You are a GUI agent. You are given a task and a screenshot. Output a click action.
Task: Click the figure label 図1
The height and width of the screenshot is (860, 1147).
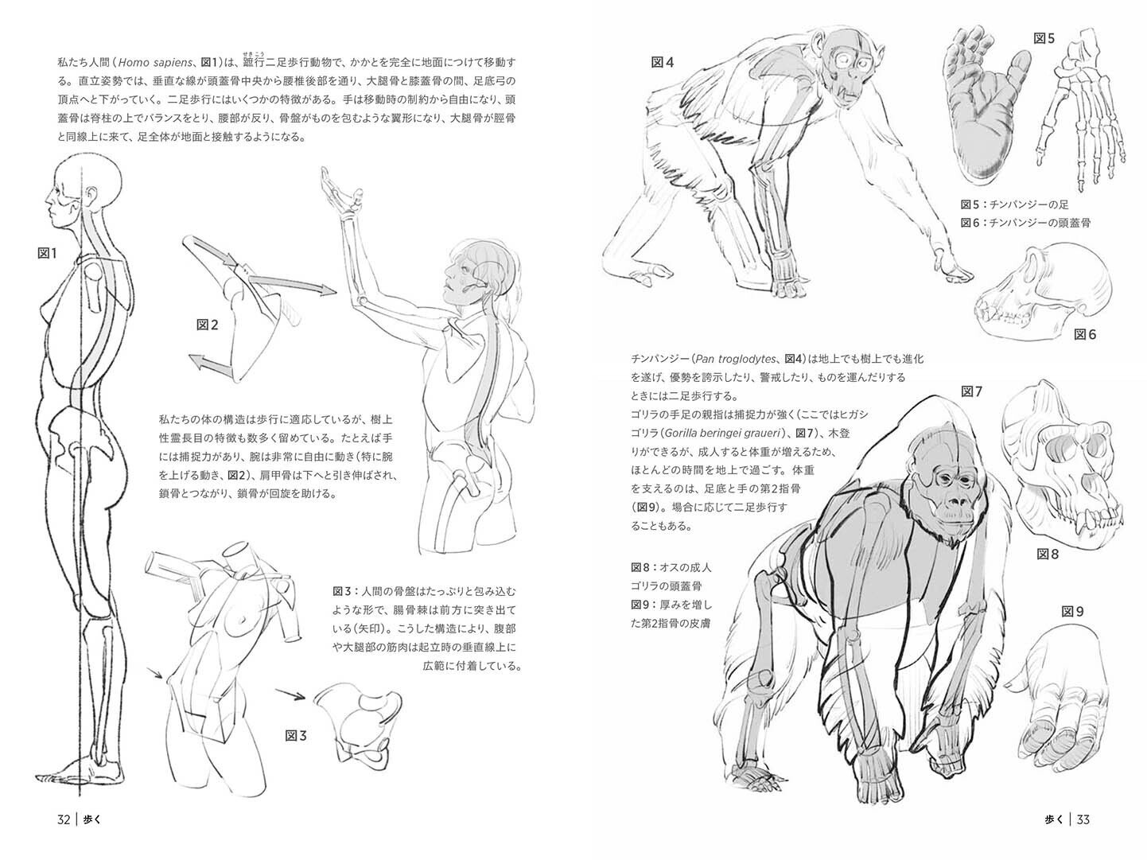[48, 254]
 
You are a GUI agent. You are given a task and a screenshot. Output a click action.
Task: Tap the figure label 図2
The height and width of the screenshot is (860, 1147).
[208, 325]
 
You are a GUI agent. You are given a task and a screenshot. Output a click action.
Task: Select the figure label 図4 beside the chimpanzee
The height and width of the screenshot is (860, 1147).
[663, 63]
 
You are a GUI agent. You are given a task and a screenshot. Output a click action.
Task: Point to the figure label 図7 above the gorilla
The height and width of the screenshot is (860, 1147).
[972, 391]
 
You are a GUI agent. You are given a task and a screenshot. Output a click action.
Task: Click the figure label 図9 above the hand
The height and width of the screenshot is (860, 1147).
[1073, 612]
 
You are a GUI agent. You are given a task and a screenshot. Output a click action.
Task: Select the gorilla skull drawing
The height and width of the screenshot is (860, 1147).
[1062, 461]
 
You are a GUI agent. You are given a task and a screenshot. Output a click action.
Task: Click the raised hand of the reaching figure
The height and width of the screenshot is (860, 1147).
[334, 191]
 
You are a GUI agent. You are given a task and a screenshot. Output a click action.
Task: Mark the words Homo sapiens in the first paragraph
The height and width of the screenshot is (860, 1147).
[155, 62]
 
